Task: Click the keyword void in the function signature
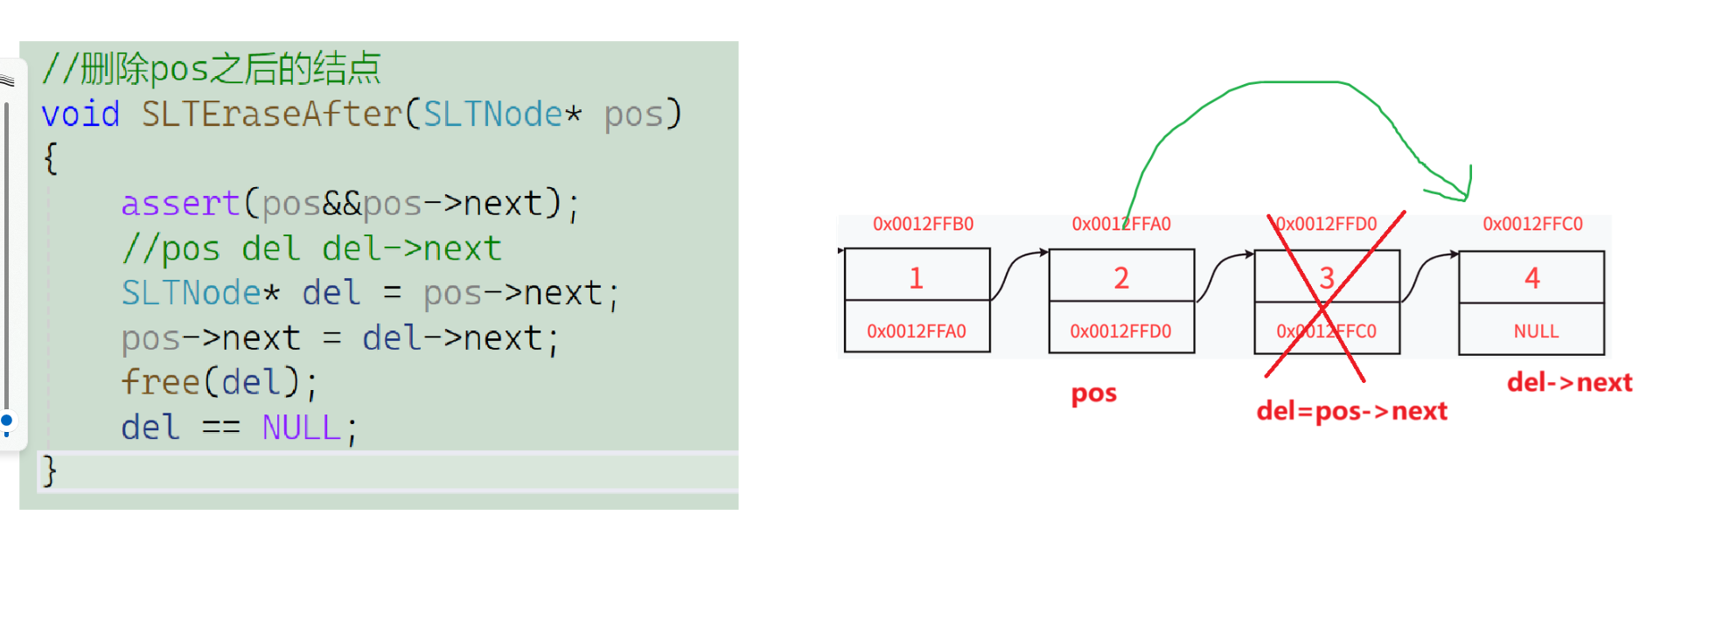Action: click(x=80, y=115)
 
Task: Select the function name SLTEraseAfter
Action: click(x=271, y=115)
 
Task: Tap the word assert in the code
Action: click(x=180, y=204)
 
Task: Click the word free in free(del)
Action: click(x=161, y=382)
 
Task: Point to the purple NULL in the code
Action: click(x=301, y=428)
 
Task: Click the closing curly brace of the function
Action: click(x=50, y=471)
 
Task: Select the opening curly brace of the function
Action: click(x=51, y=159)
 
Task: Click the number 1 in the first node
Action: click(x=916, y=278)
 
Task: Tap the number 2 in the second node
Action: click(x=1121, y=278)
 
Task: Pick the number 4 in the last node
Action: click(x=1531, y=278)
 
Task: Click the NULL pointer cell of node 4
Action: click(x=1536, y=331)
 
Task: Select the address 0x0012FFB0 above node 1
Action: click(x=923, y=224)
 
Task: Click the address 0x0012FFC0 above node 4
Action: click(x=1532, y=224)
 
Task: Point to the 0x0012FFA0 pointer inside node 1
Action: click(x=916, y=331)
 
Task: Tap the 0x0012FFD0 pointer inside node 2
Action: click(x=1120, y=331)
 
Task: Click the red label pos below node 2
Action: click(x=1093, y=394)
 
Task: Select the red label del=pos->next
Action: click(x=1351, y=411)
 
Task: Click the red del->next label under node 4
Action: click(x=1569, y=382)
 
